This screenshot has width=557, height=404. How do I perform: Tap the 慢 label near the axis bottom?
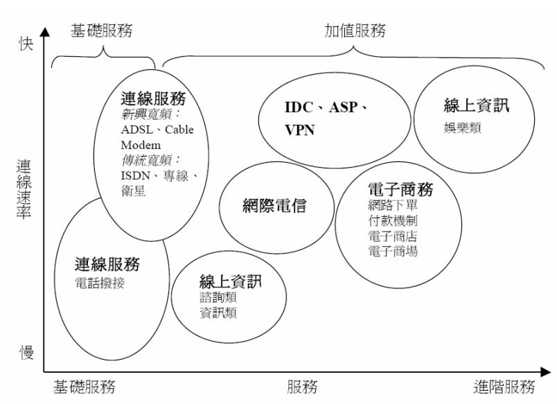(x=26, y=352)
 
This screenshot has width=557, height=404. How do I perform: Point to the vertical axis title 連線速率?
(x=25, y=189)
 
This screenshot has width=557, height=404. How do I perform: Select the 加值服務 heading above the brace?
(x=355, y=30)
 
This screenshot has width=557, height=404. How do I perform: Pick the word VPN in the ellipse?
(x=300, y=130)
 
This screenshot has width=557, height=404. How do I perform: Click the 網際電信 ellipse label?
(x=274, y=206)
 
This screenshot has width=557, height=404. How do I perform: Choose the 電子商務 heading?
(x=398, y=188)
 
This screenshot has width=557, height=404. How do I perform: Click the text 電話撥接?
(x=100, y=283)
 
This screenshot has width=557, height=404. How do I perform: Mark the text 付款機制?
(x=393, y=221)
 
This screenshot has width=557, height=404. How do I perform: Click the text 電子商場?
(x=393, y=252)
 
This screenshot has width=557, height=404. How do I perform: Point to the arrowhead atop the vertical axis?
(x=46, y=31)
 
